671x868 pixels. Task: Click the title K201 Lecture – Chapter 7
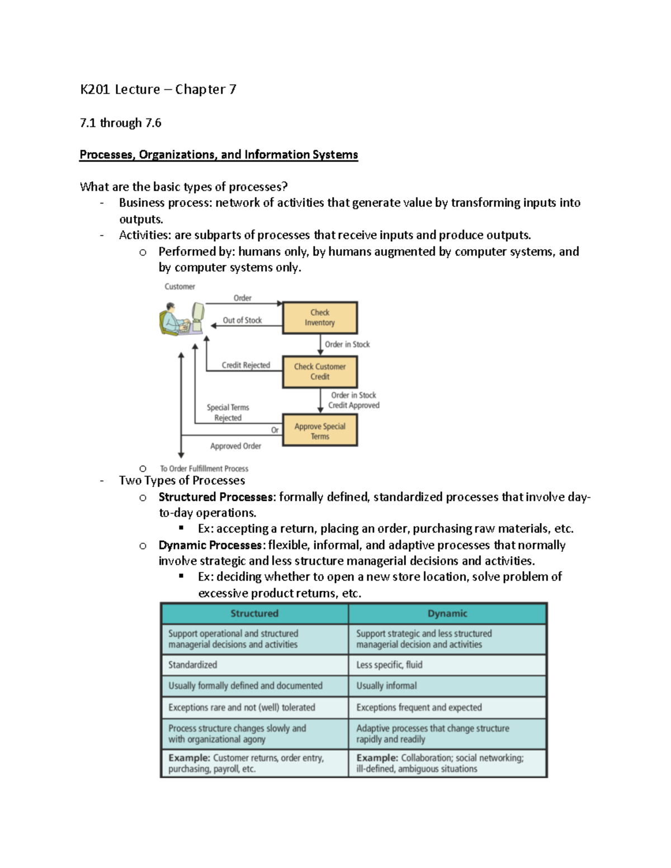pyautogui.click(x=158, y=89)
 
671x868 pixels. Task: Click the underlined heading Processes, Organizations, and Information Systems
pyautogui.click(x=219, y=155)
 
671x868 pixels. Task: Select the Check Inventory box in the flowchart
pyautogui.click(x=320, y=317)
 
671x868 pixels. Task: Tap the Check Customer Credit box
pyautogui.click(x=320, y=372)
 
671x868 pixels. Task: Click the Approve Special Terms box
pyautogui.click(x=320, y=431)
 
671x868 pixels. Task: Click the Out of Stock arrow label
pyautogui.click(x=242, y=320)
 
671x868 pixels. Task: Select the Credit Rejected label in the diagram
pyautogui.click(x=245, y=365)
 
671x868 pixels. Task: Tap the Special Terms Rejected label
pyautogui.click(x=228, y=412)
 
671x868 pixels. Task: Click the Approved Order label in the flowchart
pyautogui.click(x=235, y=446)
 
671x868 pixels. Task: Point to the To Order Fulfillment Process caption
pyautogui.click(x=204, y=468)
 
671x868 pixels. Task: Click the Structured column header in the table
pyautogui.click(x=254, y=614)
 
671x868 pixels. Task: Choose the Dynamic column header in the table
pyautogui.click(x=447, y=614)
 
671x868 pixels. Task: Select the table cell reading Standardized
pyautogui.click(x=193, y=665)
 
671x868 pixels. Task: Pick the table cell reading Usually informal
pyautogui.click(x=386, y=686)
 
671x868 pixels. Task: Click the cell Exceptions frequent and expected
pyautogui.click(x=419, y=707)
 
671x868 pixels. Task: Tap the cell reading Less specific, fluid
pyautogui.click(x=389, y=665)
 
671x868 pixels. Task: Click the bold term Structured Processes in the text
pyautogui.click(x=217, y=497)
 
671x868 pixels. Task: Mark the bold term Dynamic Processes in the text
pyautogui.click(x=210, y=545)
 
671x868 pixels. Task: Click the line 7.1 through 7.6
pyautogui.click(x=121, y=123)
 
